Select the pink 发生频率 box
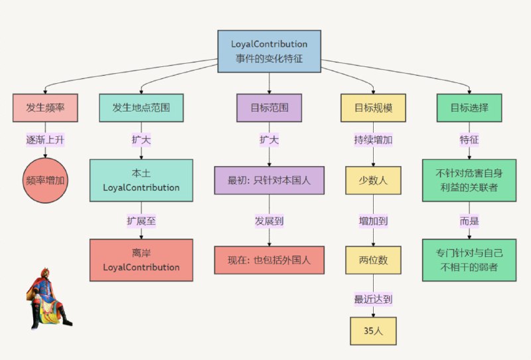(x=45, y=108)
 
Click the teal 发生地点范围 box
(x=141, y=108)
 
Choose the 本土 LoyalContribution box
(x=141, y=180)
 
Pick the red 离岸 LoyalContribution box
(x=141, y=260)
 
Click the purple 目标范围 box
(x=269, y=108)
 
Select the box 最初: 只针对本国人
(x=269, y=180)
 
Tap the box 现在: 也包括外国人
(x=269, y=260)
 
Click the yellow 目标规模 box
(x=374, y=108)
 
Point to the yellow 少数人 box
(x=374, y=180)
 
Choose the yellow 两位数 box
(x=374, y=260)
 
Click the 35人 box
(x=374, y=331)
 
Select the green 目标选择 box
(x=469, y=108)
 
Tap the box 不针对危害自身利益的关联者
(x=469, y=180)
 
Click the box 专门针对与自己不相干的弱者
(x=469, y=260)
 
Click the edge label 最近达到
(x=374, y=299)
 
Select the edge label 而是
(x=469, y=220)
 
